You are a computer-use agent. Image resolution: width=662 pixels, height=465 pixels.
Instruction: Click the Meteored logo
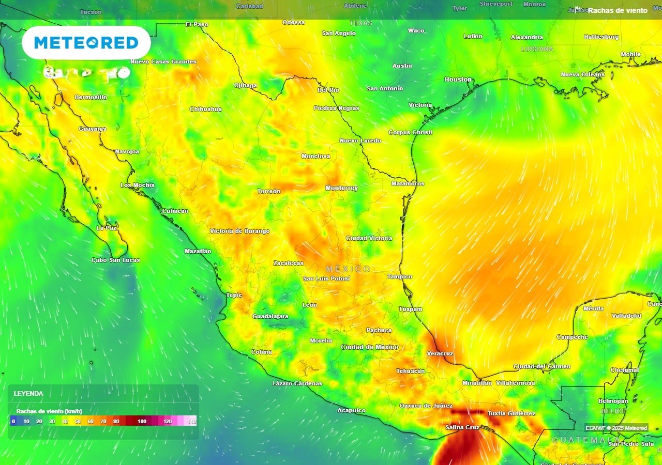(86, 43)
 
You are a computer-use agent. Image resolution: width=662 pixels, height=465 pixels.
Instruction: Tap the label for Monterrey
(341, 188)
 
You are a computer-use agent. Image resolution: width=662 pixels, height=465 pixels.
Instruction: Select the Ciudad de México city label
(369, 347)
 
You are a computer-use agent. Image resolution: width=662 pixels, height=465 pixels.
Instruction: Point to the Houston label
(458, 80)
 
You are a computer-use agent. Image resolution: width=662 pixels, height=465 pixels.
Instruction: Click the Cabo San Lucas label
(115, 260)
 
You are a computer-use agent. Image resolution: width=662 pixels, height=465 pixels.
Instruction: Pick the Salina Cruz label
(462, 428)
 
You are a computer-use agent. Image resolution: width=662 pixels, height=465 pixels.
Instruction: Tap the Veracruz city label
(440, 354)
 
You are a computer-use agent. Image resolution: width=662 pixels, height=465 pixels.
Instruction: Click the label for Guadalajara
(270, 316)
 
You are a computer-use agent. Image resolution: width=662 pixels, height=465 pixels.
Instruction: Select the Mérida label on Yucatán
(593, 308)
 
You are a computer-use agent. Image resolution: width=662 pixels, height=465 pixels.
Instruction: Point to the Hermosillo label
(91, 97)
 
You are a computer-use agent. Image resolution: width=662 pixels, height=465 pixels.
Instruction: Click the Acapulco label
(351, 411)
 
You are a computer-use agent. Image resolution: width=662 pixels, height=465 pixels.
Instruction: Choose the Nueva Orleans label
(582, 74)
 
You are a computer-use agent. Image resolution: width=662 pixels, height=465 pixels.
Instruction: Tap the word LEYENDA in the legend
(28, 394)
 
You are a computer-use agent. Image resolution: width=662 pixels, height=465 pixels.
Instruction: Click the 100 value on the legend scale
(142, 422)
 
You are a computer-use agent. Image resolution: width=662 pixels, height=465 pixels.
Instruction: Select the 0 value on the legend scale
(13, 422)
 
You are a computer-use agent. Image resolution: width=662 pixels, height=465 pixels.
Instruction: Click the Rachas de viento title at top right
(617, 10)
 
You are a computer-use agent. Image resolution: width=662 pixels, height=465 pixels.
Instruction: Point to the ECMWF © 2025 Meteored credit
(616, 428)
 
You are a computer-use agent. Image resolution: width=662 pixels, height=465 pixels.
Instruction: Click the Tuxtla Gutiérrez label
(511, 414)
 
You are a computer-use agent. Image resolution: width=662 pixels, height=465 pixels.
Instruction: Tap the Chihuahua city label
(205, 109)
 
